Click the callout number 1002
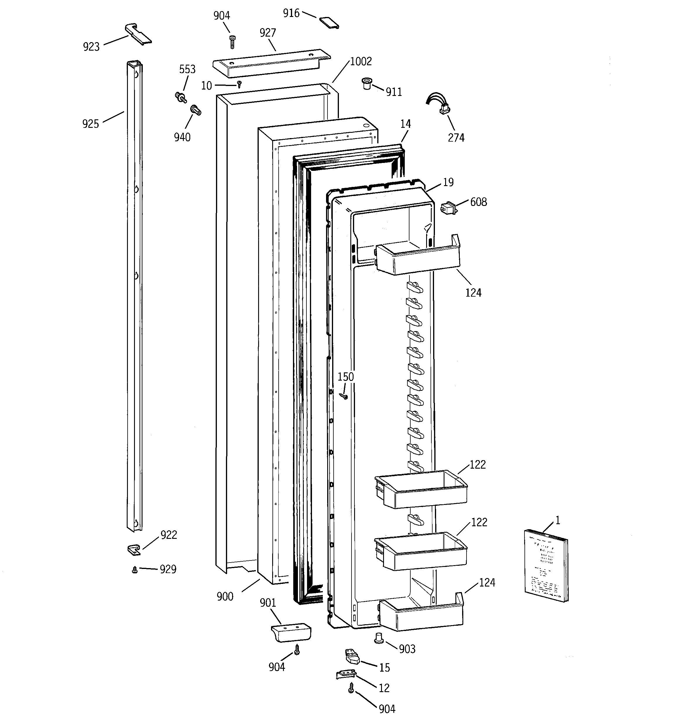pos(361,61)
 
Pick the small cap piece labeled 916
pos(329,23)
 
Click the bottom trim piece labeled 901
pos(291,633)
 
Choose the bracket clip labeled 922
pos(134,550)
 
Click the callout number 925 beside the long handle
pos(90,124)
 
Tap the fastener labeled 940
pos(196,110)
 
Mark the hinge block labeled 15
pos(352,657)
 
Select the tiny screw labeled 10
pos(239,85)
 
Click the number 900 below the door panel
pos(225,596)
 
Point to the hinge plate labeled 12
pos(345,675)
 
